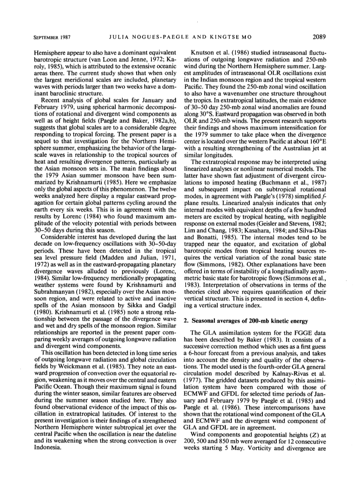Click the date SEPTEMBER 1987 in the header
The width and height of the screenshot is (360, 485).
click(51, 38)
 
